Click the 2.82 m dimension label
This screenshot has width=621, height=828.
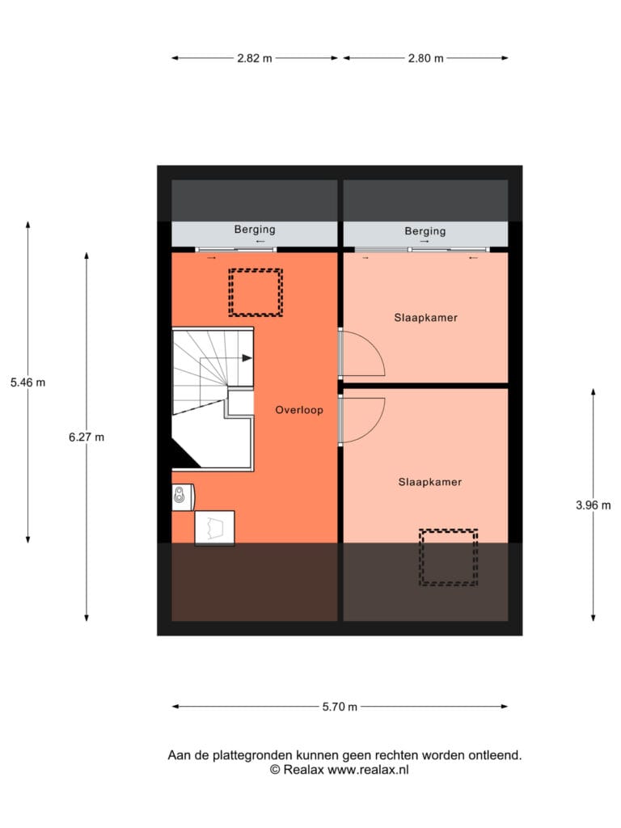point(255,58)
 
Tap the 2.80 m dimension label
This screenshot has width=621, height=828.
point(425,58)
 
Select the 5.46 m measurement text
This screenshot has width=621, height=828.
point(28,382)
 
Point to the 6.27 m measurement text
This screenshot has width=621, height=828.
point(87,437)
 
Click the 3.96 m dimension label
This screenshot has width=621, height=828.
point(593,505)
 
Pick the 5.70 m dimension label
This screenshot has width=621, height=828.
point(340,707)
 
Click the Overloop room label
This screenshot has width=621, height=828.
point(299,410)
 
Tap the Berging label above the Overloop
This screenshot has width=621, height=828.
point(255,230)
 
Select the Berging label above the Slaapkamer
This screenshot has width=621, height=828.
point(425,230)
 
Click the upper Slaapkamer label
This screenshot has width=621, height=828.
point(425,317)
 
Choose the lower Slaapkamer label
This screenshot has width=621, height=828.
point(430,482)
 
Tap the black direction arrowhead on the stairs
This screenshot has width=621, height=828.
point(247,358)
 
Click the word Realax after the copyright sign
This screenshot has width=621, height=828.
point(304,770)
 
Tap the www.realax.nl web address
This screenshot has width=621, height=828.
point(368,770)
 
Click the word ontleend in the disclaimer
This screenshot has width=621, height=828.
point(497,755)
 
